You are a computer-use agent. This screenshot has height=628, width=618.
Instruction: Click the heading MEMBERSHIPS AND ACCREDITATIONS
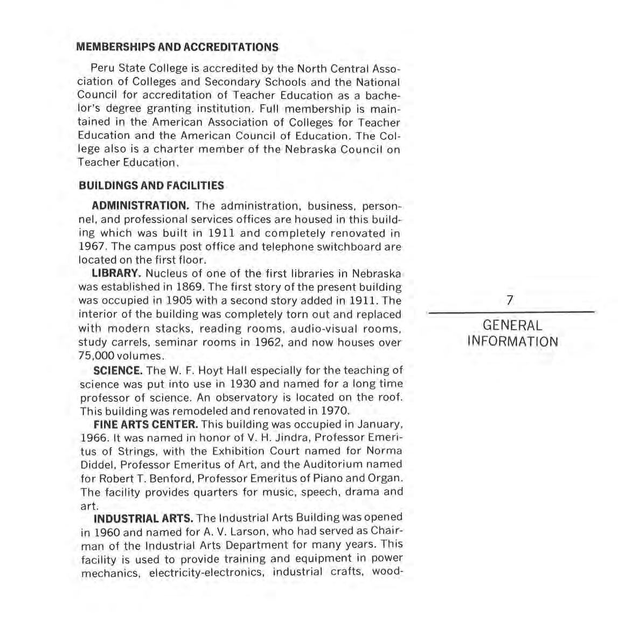[x=178, y=47]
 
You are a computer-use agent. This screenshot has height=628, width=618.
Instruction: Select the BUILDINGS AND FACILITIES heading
[x=151, y=186]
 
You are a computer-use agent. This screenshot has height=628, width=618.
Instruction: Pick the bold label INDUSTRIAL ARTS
[x=143, y=519]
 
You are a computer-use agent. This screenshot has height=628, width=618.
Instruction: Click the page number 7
[x=510, y=301]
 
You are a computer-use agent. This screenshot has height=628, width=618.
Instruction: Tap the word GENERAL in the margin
[x=512, y=325]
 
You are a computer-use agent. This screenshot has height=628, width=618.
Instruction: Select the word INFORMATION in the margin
[x=512, y=342]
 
